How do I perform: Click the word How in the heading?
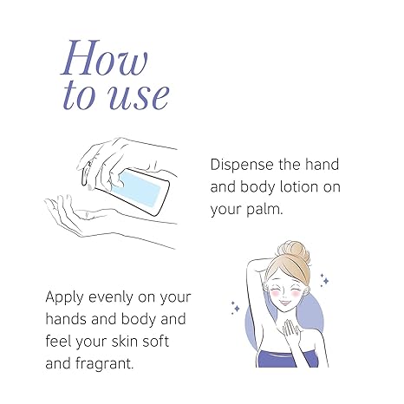point(104,57)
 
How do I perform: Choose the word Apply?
point(64,297)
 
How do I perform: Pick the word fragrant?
point(105,364)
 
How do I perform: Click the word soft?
point(156,342)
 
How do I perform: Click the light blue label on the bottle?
point(137,187)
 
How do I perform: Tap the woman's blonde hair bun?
point(294,252)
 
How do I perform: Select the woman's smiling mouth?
point(286,303)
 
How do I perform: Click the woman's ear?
point(305,291)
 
